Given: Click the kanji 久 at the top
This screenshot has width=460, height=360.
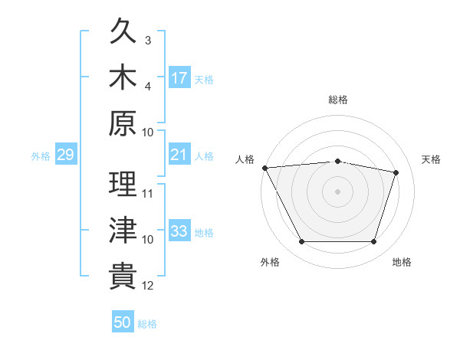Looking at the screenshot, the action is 123,31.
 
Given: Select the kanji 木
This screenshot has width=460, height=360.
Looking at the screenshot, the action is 123,77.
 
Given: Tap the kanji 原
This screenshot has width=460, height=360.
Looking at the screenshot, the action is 123,123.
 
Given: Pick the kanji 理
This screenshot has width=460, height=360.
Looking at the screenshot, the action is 123,184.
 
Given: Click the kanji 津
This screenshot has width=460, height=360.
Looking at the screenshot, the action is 123,230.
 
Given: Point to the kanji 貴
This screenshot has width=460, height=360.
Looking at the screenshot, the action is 123,276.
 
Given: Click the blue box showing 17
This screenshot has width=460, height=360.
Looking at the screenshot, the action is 179,77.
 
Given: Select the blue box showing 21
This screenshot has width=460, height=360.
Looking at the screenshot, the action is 179,154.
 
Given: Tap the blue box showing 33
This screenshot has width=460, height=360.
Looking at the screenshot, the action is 179,230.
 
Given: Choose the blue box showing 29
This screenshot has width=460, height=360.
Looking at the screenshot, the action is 66,154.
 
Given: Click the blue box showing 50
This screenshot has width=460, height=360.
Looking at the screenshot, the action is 123,321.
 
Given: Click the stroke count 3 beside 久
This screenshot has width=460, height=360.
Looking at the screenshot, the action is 148,41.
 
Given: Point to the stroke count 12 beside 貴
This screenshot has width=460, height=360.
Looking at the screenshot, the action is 147,286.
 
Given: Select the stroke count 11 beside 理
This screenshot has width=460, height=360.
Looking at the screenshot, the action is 147,194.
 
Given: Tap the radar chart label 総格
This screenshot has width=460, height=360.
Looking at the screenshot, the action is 338,100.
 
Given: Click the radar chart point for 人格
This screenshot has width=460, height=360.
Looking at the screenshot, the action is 265,168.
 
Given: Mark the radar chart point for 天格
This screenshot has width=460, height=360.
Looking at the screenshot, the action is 396,172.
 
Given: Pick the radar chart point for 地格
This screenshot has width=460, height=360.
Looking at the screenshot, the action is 373,242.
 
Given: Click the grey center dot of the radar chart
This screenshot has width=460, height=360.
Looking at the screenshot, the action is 337,191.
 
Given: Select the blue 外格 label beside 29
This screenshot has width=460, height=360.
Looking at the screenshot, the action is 41,156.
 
